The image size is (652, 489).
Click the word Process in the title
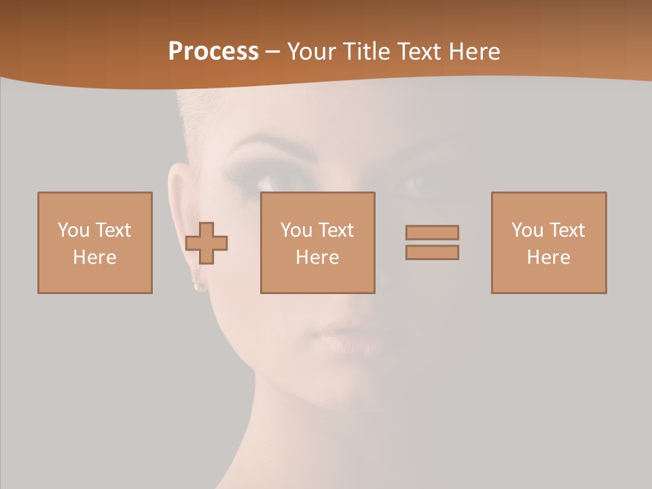coord(213,52)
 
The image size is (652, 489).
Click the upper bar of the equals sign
coord(432,232)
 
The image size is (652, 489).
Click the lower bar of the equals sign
coord(432,252)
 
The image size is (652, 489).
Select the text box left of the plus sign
coord(95,242)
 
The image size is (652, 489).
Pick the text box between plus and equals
coord(318,242)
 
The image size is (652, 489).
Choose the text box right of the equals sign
coord(549,242)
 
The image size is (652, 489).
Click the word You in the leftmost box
coord(73,230)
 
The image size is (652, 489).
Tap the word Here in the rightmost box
coord(549,257)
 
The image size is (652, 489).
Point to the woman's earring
coord(200,285)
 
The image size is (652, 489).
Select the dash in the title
coord(272,52)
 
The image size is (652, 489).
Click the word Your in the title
coord(310,52)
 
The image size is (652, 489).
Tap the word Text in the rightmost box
coord(568,230)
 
